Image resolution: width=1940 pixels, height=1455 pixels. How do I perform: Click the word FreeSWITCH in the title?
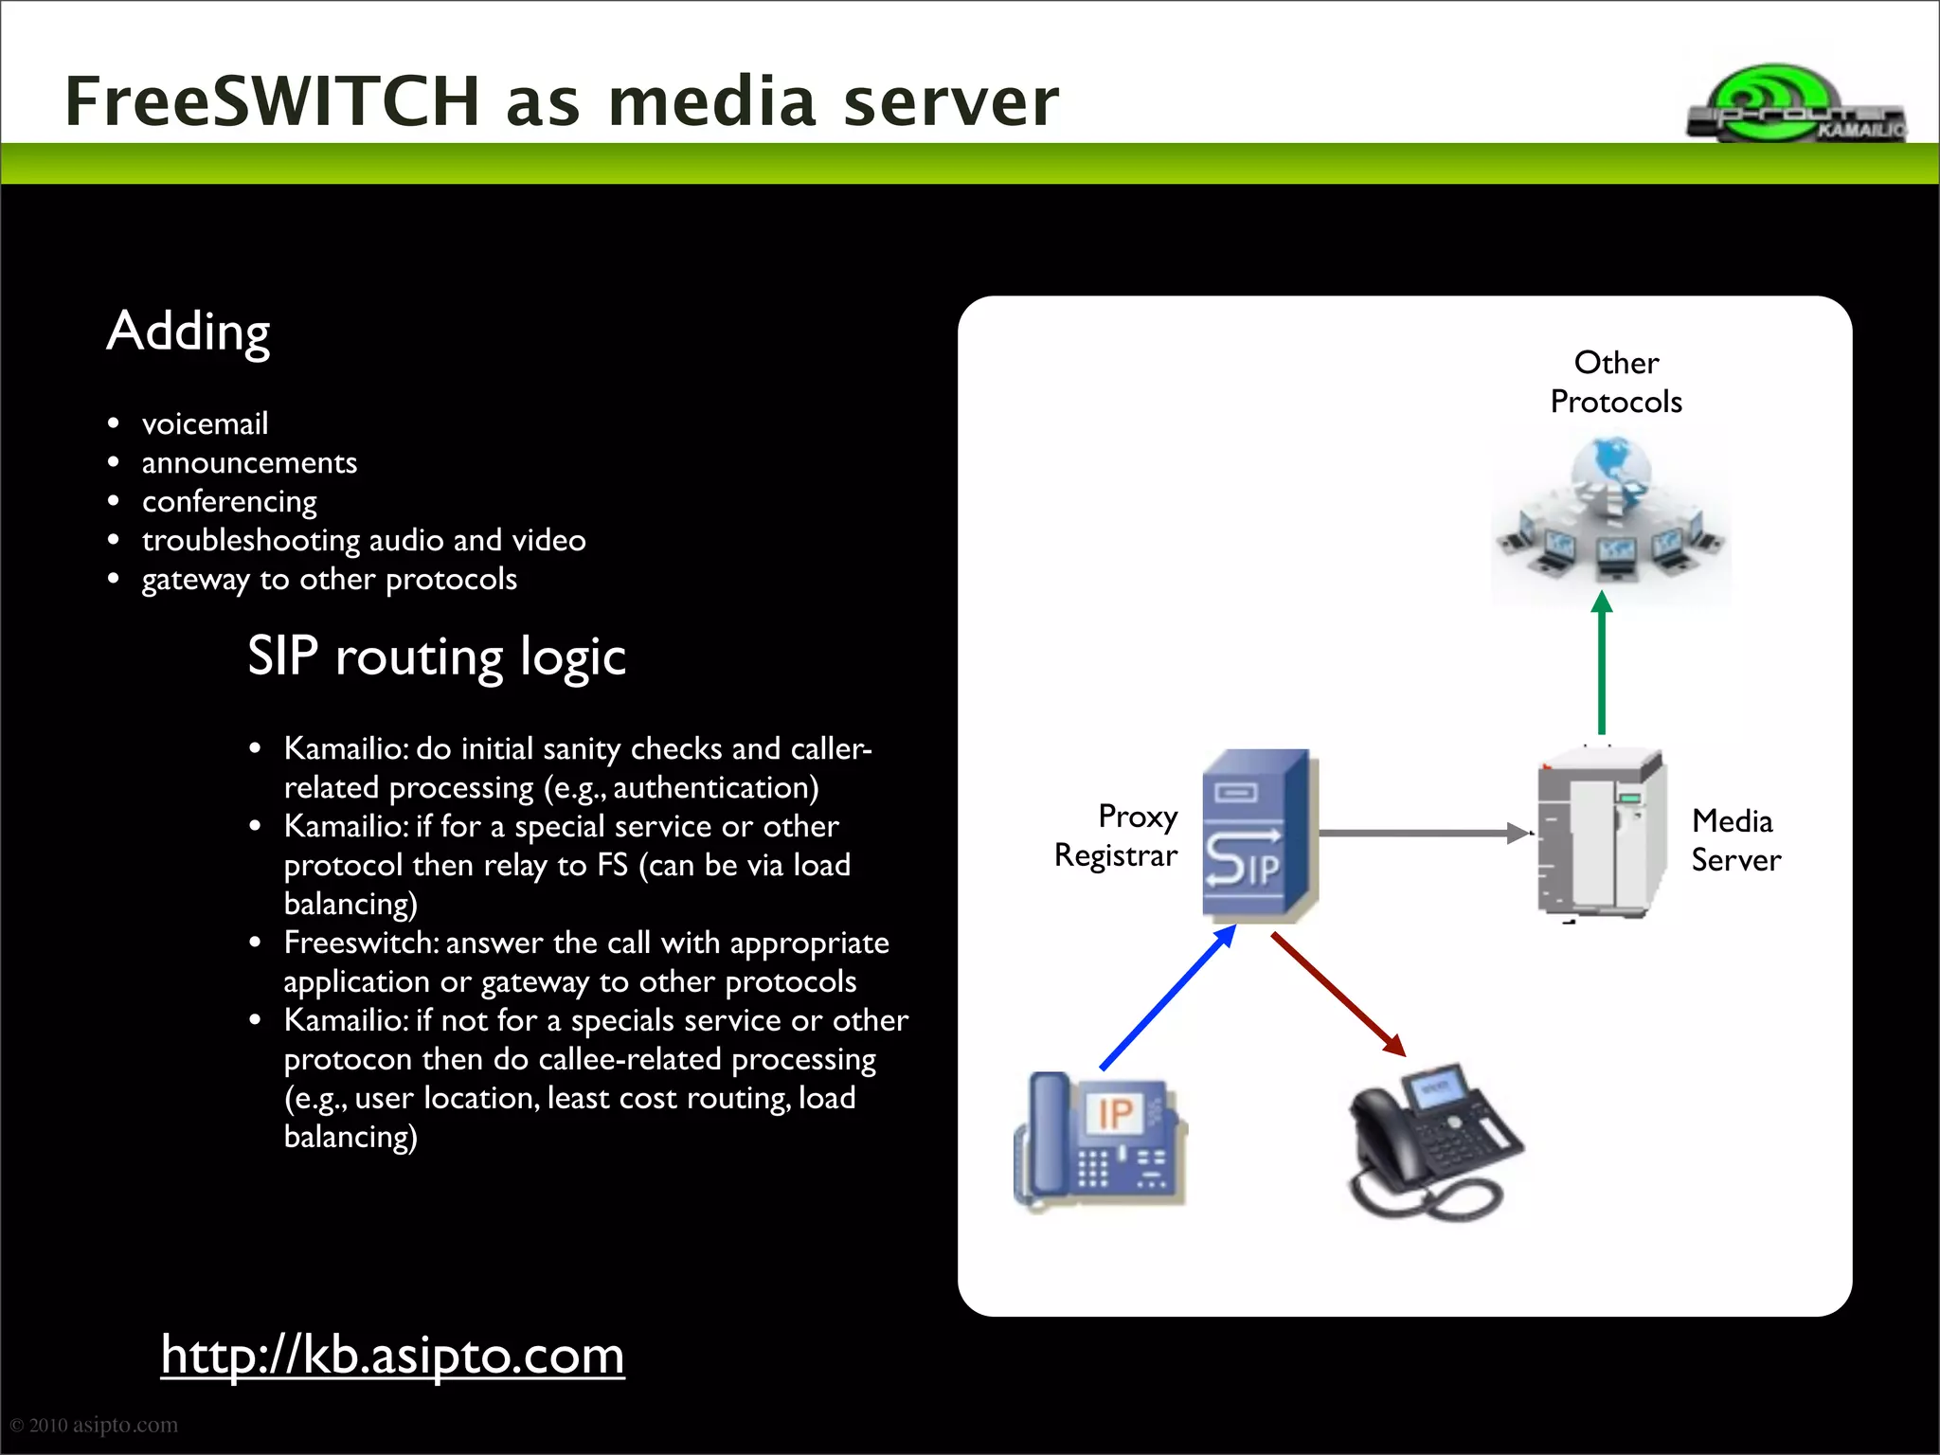click(273, 101)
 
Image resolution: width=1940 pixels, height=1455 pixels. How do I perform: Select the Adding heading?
click(189, 332)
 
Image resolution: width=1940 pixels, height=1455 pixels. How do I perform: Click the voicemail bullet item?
click(205, 423)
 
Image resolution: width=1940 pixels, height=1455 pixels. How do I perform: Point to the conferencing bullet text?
click(229, 501)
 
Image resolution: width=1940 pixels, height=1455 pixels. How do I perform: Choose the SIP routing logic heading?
click(437, 656)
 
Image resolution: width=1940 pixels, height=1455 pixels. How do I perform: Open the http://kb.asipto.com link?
click(392, 1355)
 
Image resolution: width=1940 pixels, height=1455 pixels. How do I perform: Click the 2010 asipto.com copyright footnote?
click(94, 1425)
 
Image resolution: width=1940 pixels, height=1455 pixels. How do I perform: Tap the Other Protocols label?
click(1616, 382)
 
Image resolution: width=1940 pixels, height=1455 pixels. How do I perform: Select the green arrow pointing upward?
click(1601, 663)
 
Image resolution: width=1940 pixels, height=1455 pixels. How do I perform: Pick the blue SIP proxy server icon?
click(1257, 835)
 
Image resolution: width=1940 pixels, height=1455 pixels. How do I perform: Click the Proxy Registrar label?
click(1118, 835)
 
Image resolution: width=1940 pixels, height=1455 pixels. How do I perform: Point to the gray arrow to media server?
click(1421, 834)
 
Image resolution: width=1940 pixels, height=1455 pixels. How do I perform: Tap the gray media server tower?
click(1601, 834)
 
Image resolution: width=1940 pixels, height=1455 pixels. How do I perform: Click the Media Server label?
click(1735, 840)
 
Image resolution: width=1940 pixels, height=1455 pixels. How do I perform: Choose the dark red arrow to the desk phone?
click(1338, 995)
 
